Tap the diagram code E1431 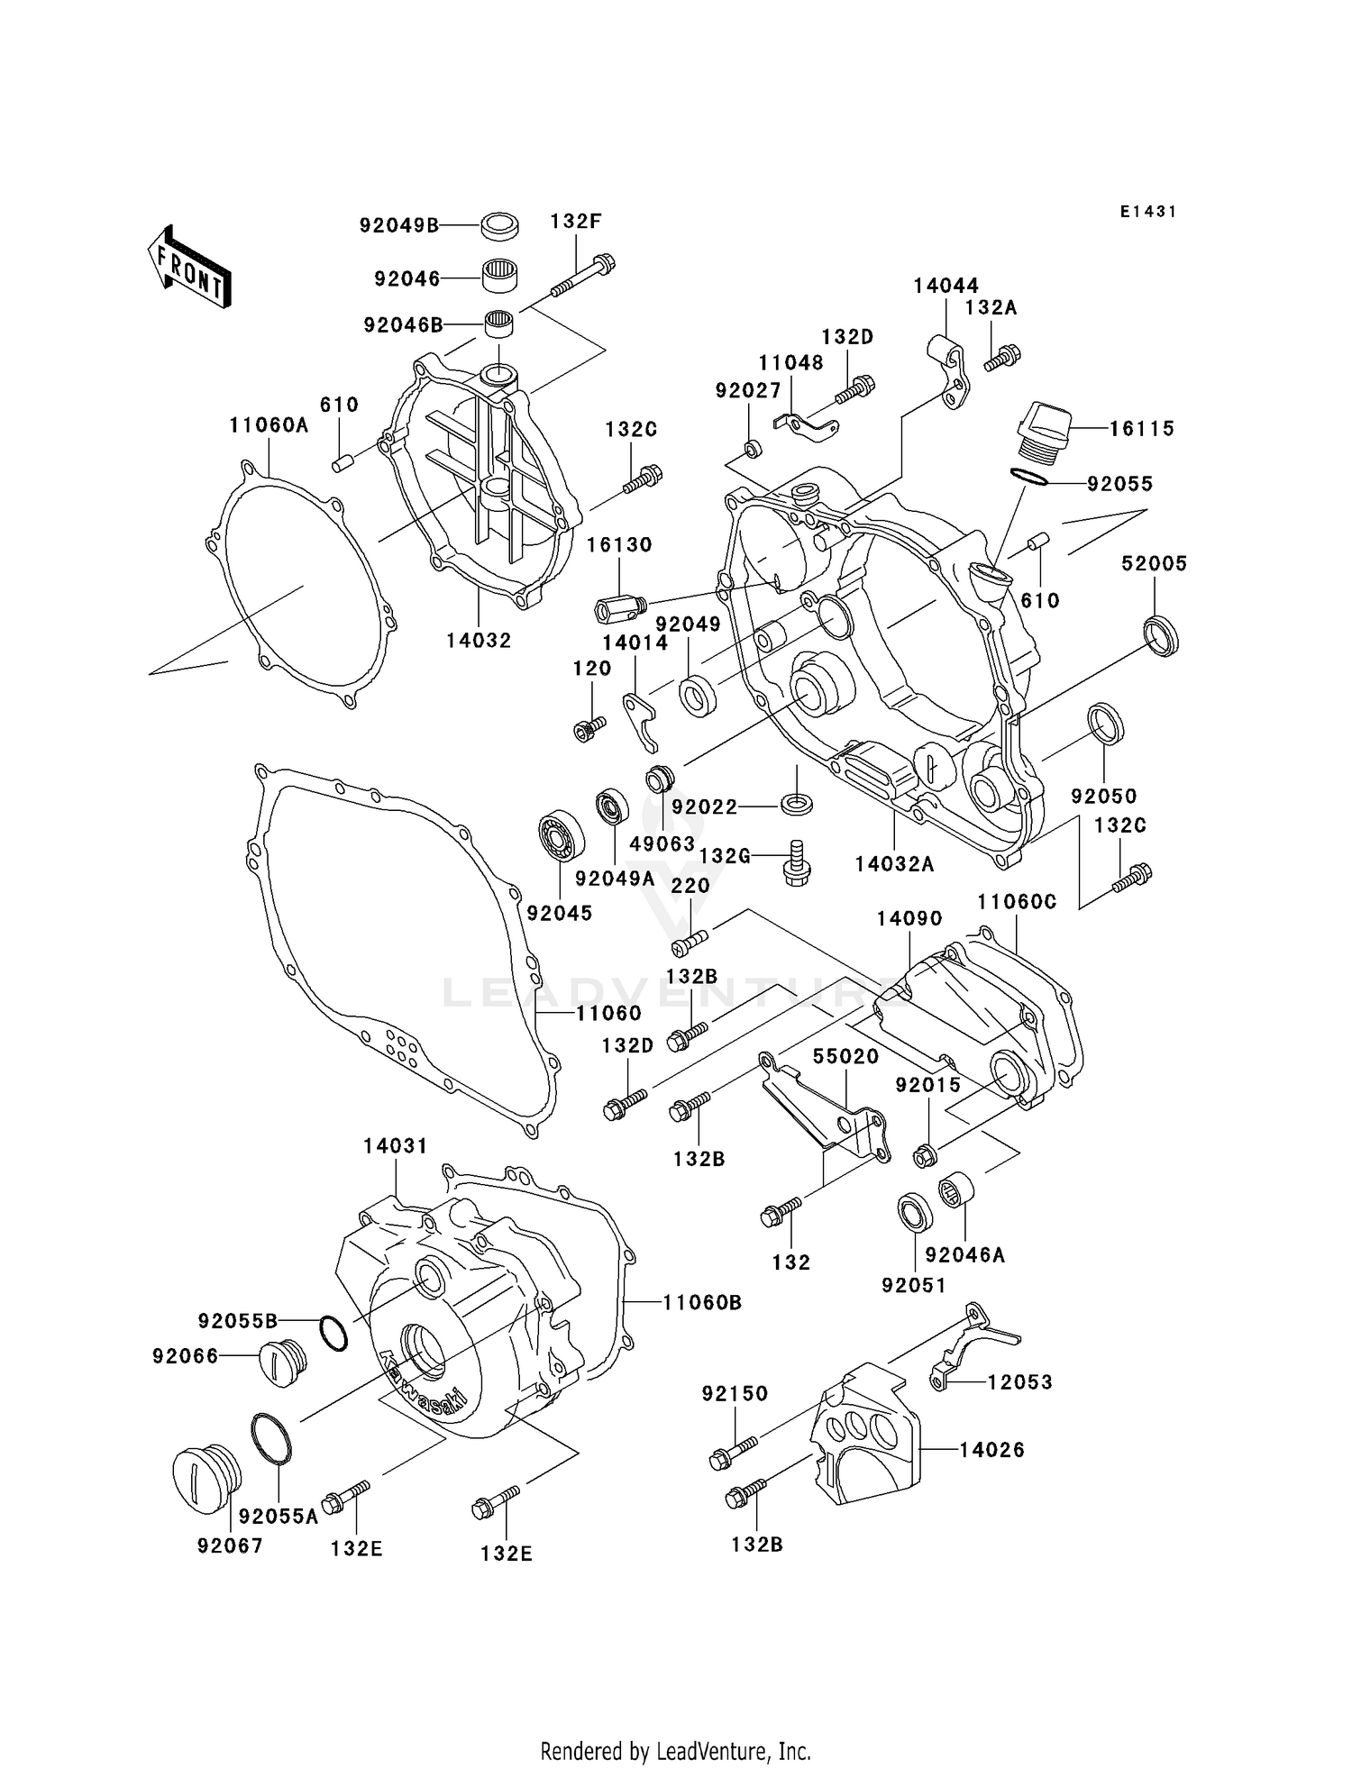[x=1148, y=212]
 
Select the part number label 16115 [x=1141, y=429]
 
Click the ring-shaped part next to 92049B [x=499, y=225]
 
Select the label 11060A [x=269, y=425]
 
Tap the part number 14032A [x=894, y=864]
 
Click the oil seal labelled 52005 [x=1161, y=634]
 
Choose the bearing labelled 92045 [x=562, y=835]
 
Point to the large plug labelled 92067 [x=207, y=1478]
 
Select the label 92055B [x=238, y=1321]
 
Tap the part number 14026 [x=991, y=1450]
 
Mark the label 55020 [x=845, y=1056]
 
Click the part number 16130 [x=619, y=545]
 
